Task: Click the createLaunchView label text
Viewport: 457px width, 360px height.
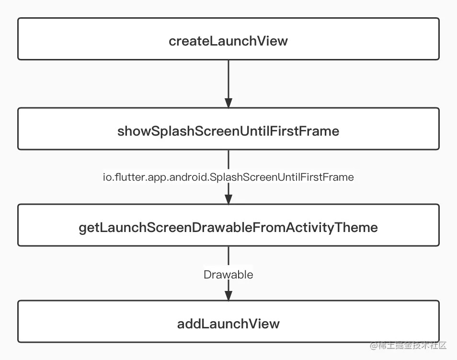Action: click(x=228, y=41)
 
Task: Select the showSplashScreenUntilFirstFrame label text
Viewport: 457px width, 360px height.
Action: click(x=228, y=131)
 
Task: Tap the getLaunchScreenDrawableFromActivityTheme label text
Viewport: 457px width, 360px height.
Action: click(x=228, y=228)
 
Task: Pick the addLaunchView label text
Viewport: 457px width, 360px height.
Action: click(x=228, y=324)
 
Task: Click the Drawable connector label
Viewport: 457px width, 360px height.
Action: click(x=228, y=275)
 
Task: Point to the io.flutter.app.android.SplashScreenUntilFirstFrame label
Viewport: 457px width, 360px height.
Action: click(x=228, y=177)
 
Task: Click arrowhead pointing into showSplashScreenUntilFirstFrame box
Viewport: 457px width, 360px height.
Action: click(x=228, y=103)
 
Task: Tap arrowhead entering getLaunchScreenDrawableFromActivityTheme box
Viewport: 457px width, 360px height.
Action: click(x=228, y=199)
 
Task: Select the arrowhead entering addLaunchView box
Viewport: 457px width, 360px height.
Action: click(x=228, y=296)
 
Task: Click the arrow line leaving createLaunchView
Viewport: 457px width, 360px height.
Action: click(x=228, y=84)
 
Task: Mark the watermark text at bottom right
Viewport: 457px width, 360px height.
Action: click(x=408, y=346)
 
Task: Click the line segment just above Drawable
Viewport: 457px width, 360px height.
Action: click(x=228, y=257)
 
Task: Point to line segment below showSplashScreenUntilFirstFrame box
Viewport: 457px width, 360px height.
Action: click(x=228, y=160)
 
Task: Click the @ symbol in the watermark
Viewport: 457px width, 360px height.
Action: click(x=374, y=346)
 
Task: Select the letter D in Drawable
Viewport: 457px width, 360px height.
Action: click(x=207, y=275)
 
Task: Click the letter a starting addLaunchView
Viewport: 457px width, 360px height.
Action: click(x=181, y=325)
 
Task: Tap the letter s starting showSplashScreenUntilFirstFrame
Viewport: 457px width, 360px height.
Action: click(x=121, y=132)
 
